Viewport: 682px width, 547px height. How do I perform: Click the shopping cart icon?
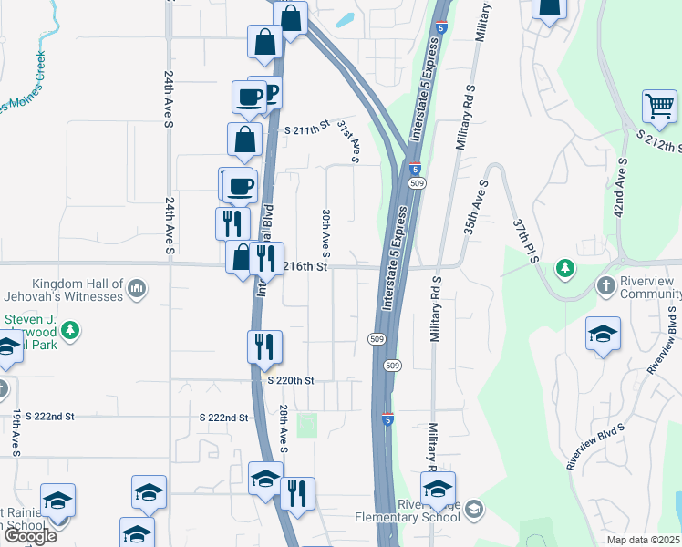click(659, 106)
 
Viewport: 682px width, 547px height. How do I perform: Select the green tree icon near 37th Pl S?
click(565, 267)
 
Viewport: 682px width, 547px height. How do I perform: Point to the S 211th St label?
click(305, 130)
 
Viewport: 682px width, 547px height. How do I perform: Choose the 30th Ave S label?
click(325, 232)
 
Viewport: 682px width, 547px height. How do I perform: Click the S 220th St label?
click(291, 380)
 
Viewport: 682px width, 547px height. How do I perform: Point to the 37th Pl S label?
click(526, 240)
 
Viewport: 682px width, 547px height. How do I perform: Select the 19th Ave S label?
click(17, 434)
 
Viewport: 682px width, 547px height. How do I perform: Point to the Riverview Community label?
click(650, 287)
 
